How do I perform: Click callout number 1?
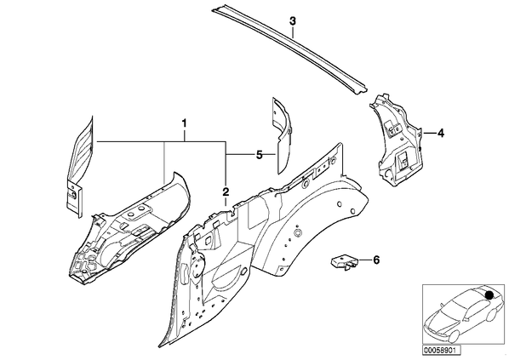184,123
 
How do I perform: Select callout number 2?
226,191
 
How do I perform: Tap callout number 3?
293,21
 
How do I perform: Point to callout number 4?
440,133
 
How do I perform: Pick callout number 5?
259,155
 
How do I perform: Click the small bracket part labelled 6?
345,261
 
